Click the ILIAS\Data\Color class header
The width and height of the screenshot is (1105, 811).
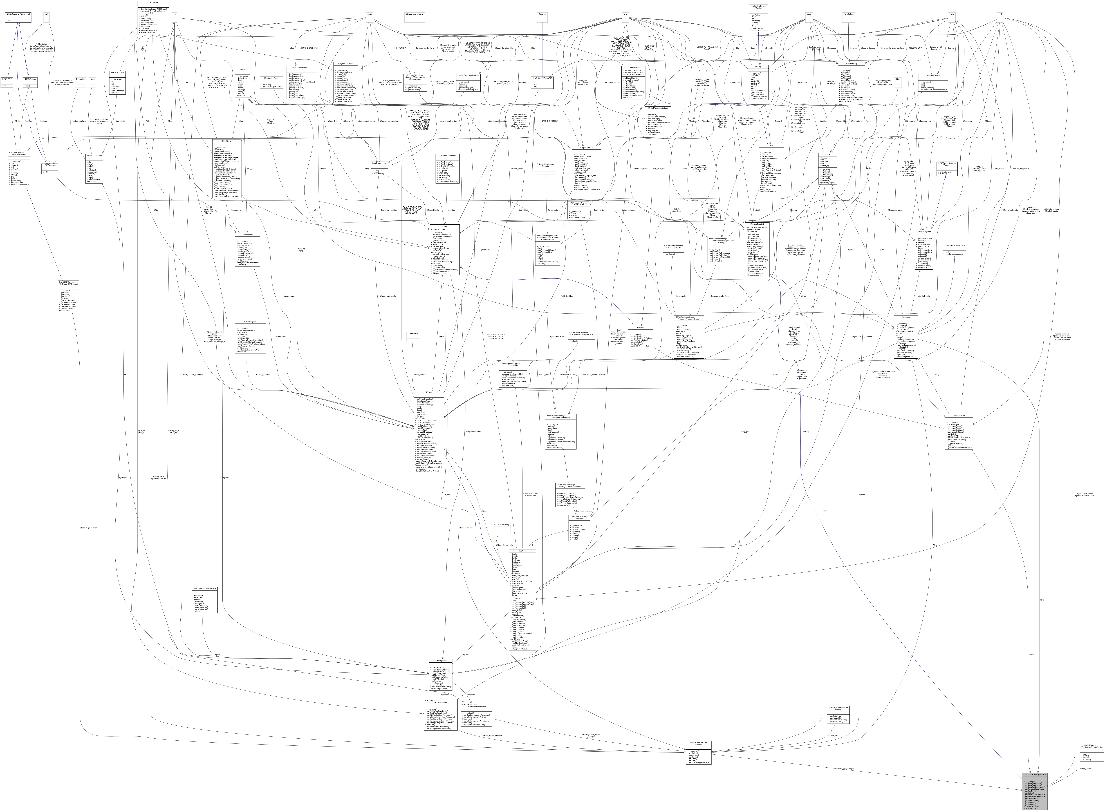117,72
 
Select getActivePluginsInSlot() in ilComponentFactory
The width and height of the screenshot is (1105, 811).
272,86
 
